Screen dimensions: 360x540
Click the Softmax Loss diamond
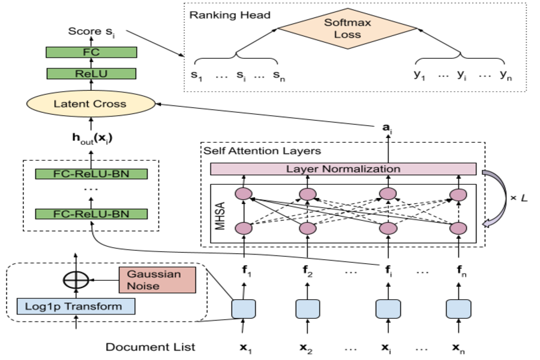[x=347, y=28]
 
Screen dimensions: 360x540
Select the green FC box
[x=91, y=52]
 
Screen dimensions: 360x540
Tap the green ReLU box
[x=91, y=74]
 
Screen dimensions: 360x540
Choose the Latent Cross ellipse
[x=91, y=104]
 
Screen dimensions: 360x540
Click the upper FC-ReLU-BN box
[x=91, y=174]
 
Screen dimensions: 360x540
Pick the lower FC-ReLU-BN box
[x=91, y=214]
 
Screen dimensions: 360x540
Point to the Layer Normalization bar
[x=343, y=169]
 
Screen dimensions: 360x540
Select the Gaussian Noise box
[x=157, y=280]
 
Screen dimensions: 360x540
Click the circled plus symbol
[x=76, y=280]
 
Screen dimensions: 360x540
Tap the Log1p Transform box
[x=76, y=307]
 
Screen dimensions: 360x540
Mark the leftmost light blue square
[x=244, y=309]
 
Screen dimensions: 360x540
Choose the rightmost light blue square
[x=458, y=309]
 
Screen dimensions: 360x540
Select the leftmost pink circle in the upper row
[x=243, y=194]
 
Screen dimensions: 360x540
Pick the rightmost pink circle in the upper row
[x=458, y=194]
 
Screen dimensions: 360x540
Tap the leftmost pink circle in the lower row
[x=244, y=228]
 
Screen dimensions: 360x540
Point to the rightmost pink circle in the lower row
[x=458, y=229]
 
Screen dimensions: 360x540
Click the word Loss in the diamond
[x=347, y=35]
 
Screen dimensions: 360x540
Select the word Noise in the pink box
[x=143, y=286]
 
